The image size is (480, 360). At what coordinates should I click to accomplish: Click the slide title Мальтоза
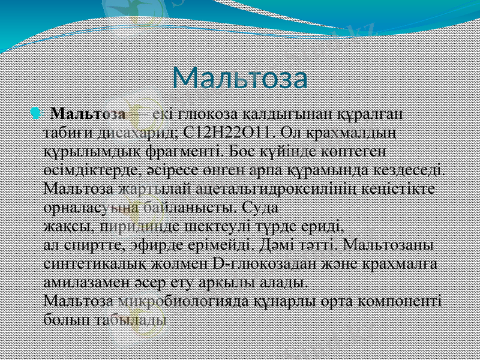pos(240,78)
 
